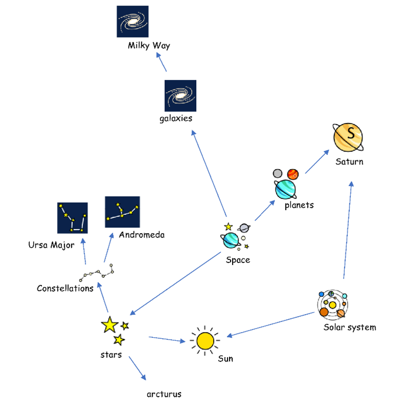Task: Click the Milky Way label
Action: [149, 46]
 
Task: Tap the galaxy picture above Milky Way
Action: [133, 22]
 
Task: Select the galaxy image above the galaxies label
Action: [180, 96]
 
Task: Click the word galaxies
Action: [176, 119]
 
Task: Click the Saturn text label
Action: [349, 162]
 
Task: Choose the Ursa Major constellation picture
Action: [72, 218]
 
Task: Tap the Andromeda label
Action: [141, 235]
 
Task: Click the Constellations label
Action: [65, 289]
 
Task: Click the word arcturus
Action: [164, 394]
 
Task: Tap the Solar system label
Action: [349, 327]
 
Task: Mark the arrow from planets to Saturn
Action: [318, 162]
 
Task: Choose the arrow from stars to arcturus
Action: [137, 367]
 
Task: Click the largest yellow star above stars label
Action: [109, 324]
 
